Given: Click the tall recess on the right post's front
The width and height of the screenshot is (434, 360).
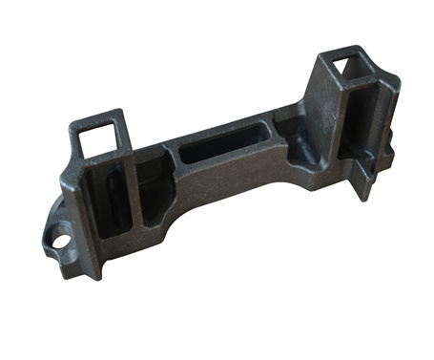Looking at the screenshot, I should [352, 124].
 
